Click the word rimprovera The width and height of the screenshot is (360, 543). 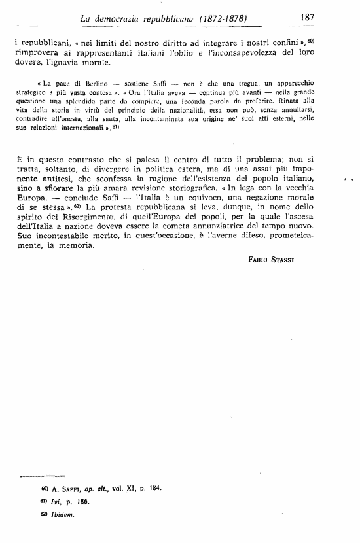click(37, 53)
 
